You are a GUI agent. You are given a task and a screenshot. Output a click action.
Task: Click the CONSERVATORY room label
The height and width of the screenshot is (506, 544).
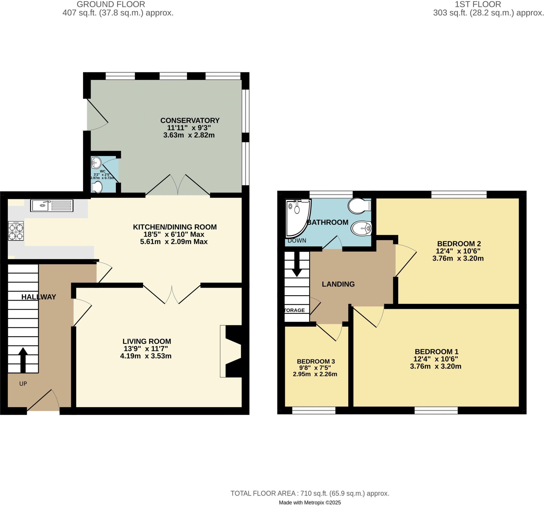point(190,120)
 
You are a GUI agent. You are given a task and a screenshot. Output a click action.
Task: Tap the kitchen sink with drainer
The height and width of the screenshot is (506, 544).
point(52,206)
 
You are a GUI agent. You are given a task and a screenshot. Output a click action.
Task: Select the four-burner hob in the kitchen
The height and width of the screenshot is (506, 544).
point(16,231)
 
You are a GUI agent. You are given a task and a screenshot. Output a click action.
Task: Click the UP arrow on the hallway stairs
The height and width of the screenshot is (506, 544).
point(23,360)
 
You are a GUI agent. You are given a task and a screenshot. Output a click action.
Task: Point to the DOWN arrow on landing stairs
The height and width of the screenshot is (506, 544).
point(297,265)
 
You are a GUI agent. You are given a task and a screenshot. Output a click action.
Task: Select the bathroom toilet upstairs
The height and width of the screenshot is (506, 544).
point(359,206)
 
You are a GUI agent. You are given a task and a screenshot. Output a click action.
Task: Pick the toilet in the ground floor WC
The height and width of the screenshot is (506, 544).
point(97,187)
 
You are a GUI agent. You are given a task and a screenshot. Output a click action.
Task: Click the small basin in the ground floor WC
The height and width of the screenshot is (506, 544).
point(96,163)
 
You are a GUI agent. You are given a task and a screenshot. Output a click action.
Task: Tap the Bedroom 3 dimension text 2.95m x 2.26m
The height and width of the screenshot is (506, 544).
point(315,374)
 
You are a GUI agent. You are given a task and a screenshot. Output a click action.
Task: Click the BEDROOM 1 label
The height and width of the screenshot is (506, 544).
point(436,352)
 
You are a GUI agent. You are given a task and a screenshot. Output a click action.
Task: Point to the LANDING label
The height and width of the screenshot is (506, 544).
point(338,284)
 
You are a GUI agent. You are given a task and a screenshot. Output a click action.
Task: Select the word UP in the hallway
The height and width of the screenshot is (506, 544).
point(23,384)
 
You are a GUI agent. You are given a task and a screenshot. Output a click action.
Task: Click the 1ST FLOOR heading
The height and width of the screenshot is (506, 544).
point(478,4)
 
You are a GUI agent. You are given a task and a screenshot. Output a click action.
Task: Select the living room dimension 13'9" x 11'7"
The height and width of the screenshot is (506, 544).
point(146,349)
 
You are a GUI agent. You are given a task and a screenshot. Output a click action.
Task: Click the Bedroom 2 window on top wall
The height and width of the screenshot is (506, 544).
point(459,194)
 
